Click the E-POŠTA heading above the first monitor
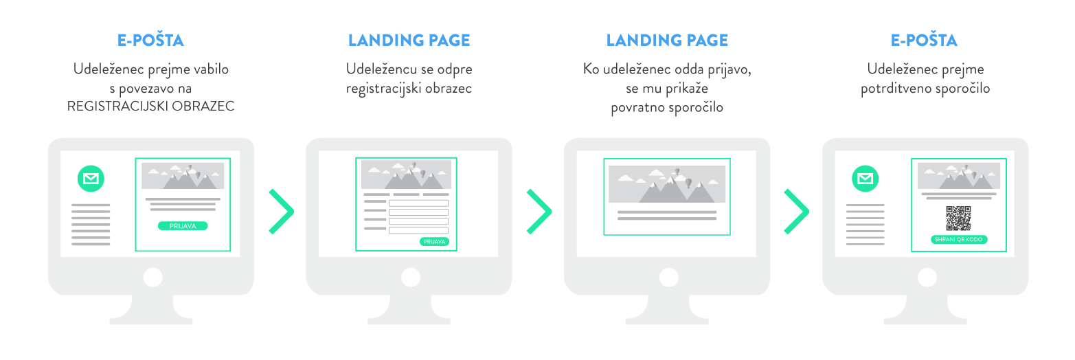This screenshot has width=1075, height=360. click(150, 41)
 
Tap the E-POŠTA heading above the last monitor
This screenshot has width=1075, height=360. click(924, 41)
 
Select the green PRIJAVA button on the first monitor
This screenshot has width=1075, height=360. click(183, 225)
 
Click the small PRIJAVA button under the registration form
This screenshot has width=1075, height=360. click(434, 242)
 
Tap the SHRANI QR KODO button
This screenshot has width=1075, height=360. click(958, 240)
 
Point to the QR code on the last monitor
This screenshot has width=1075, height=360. click(958, 218)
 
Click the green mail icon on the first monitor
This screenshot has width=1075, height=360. click(91, 179)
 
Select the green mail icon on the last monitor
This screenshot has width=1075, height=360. click(865, 179)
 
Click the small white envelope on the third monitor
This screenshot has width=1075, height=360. click(604, 179)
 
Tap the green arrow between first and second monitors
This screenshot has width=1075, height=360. click(282, 212)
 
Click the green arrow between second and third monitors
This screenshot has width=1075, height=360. click(539, 212)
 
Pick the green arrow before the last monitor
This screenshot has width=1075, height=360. click(797, 212)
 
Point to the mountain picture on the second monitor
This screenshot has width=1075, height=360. click(406, 175)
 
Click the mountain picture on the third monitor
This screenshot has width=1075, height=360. click(666, 184)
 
